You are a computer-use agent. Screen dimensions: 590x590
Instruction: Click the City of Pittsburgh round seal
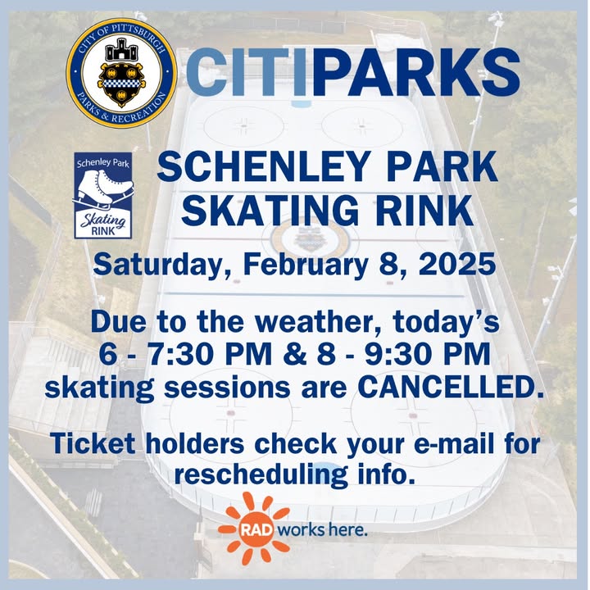[121, 73]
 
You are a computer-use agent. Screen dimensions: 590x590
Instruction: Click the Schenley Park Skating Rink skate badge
[103, 195]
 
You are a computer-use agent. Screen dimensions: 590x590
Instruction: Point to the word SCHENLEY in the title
[262, 166]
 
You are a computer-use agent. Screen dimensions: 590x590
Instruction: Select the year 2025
[457, 264]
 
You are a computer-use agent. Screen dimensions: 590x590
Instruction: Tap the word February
[305, 265]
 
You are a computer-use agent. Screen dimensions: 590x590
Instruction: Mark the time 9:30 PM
[428, 354]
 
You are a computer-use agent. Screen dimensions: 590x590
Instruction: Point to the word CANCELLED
[451, 387]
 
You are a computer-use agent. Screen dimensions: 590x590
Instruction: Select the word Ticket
[93, 443]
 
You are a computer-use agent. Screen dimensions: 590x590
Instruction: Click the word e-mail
[454, 443]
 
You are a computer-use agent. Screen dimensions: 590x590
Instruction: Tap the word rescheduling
[261, 475]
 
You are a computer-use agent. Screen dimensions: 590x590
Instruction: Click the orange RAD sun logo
[254, 529]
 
